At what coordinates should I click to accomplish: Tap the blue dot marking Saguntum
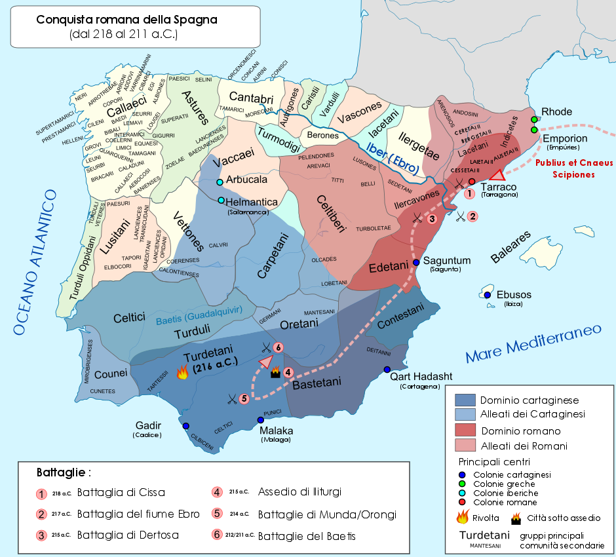[416, 262]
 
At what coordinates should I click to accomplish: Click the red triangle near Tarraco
[497, 174]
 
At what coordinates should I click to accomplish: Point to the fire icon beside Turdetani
[182, 373]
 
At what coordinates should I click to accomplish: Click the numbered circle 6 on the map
[278, 347]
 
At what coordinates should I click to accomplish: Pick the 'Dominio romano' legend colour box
[465, 431]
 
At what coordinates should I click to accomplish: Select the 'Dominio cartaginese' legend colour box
[465, 400]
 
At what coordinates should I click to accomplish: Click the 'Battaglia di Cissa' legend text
[121, 492]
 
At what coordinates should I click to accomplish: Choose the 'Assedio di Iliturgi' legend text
[299, 492]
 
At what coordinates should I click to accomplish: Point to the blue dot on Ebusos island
[487, 296]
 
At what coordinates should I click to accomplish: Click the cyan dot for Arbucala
[220, 182]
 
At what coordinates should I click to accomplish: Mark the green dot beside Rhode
[534, 119]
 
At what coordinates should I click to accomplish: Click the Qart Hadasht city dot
[387, 369]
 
